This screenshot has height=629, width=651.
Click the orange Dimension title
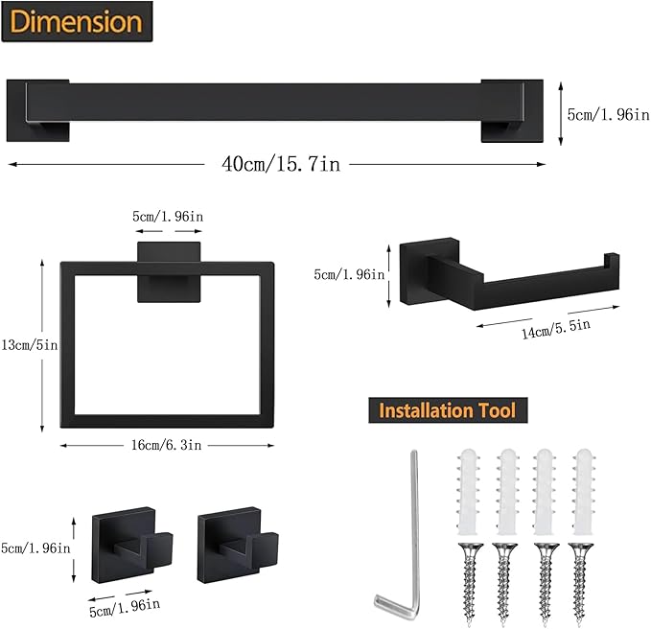76,21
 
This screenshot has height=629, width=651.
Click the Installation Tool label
447,411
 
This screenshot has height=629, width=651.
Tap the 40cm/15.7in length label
280,165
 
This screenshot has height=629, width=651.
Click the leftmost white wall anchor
466,493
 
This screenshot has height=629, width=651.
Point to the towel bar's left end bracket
37,111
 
